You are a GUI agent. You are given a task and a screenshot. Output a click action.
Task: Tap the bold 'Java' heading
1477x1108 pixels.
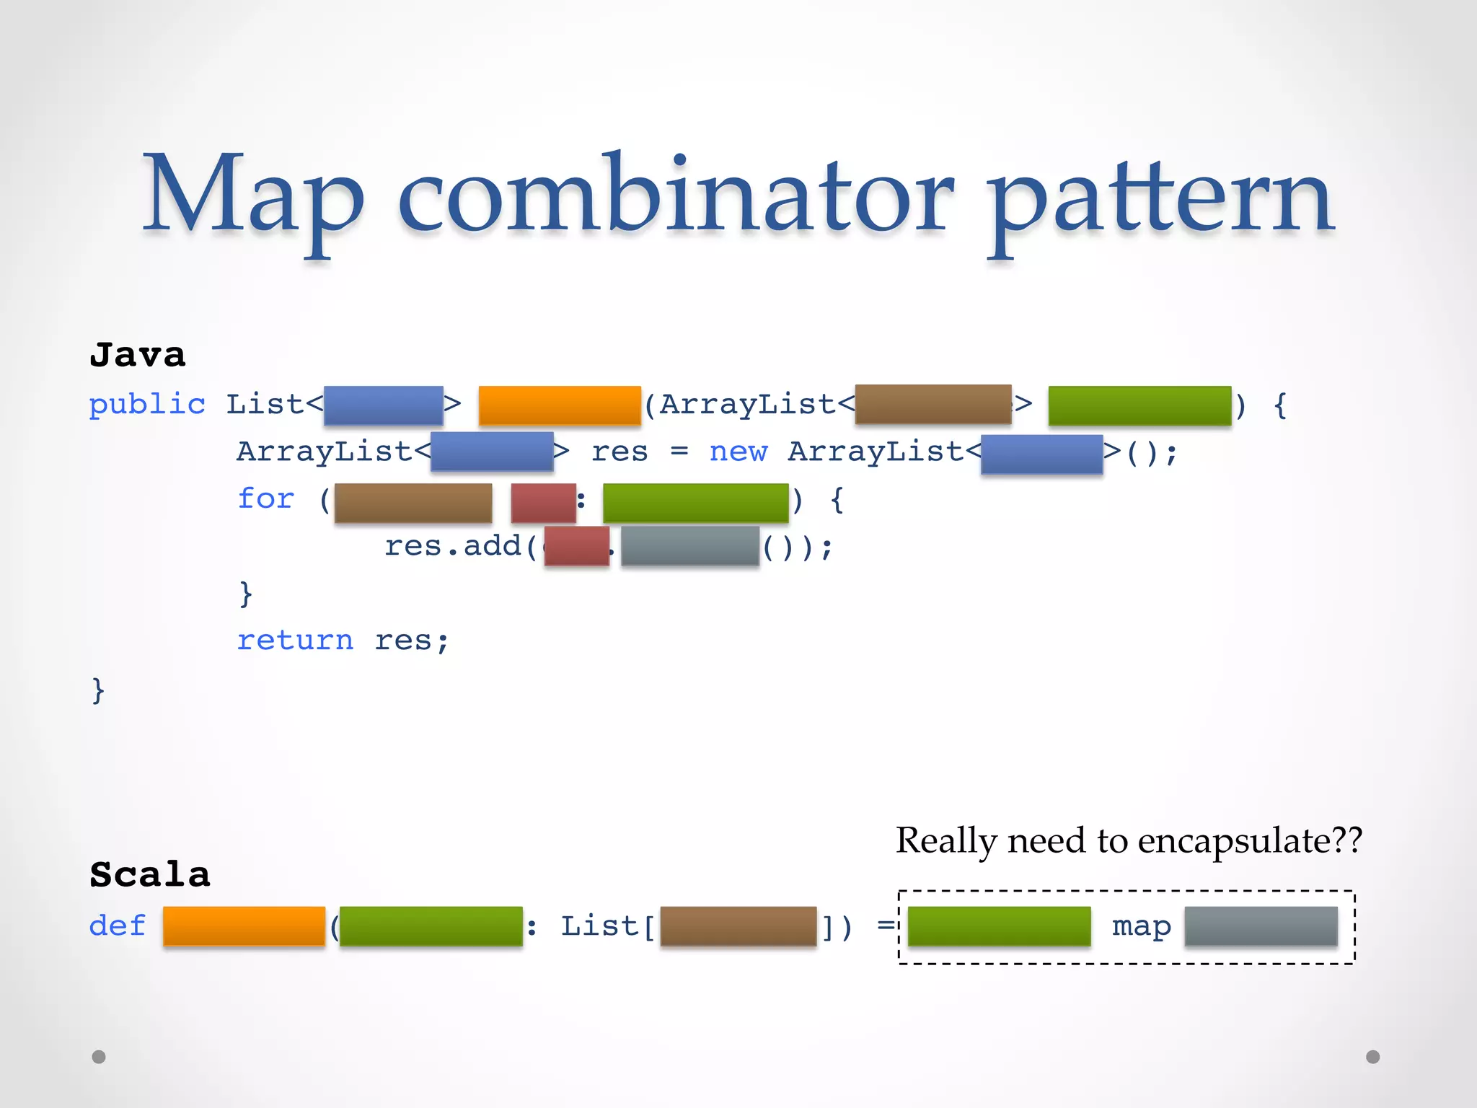click(137, 355)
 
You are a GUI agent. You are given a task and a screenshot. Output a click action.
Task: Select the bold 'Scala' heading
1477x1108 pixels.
click(149, 874)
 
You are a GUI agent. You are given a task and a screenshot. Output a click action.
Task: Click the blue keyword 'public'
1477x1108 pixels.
click(147, 404)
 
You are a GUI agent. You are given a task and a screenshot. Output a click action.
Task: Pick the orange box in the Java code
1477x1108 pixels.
click(560, 405)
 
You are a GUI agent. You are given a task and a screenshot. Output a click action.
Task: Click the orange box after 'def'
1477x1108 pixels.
click(244, 925)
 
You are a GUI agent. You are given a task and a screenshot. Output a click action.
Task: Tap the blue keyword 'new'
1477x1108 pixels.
click(738, 452)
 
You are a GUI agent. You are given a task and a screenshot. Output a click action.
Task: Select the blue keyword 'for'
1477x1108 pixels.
click(266, 498)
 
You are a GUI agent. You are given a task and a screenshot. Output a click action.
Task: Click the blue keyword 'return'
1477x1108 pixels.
click(295, 640)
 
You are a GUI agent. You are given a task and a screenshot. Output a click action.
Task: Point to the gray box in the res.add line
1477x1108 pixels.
click(689, 546)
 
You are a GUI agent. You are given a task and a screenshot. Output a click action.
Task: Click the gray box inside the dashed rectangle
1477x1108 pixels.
click(1261, 925)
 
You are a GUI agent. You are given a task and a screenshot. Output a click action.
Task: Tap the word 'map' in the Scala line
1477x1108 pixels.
click(1141, 926)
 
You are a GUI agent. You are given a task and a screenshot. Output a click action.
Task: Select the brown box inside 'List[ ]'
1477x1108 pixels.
click(738, 925)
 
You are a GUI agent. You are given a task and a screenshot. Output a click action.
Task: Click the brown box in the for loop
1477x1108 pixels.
click(413, 503)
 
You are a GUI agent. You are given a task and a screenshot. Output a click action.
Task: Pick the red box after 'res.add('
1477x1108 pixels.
click(576, 546)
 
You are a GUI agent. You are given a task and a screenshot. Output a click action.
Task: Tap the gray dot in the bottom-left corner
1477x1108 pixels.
click(99, 1057)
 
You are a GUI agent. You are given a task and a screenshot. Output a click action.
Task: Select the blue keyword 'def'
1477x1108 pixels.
click(117, 925)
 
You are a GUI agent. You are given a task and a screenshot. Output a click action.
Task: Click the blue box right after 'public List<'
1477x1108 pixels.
click(383, 405)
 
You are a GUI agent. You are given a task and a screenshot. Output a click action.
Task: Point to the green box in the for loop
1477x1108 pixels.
click(695, 503)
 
